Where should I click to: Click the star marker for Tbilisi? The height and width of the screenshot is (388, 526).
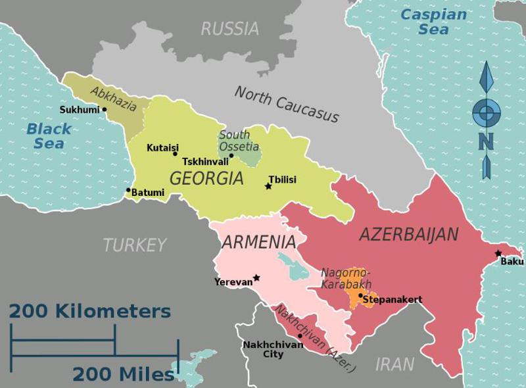268,187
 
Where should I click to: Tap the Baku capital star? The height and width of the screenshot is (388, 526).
498,253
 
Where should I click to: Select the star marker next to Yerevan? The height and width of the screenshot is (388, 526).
256,278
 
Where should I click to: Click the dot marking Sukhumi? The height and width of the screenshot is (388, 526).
104,109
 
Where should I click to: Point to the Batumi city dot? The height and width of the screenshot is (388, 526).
128,190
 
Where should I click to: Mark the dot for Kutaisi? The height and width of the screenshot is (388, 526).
175,154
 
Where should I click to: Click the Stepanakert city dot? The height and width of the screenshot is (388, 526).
360,296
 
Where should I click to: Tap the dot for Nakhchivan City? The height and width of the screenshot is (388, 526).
300,335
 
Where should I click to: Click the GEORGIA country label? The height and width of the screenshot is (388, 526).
206,178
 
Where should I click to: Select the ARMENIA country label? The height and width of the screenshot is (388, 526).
258,242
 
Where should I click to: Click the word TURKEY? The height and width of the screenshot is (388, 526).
135,245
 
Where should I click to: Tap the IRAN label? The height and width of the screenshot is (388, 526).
394,364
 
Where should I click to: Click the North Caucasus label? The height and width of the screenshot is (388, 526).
287,105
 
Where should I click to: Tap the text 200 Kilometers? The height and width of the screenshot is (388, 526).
90,310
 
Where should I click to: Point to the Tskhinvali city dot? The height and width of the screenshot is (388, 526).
231,155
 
